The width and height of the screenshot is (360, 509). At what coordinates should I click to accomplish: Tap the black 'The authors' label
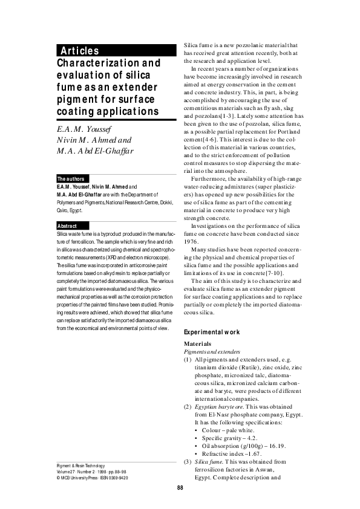70,179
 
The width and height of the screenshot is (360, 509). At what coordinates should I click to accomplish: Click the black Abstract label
67,226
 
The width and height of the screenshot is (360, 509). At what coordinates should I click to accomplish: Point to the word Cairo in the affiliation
63,210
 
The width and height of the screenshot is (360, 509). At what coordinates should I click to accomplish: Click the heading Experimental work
212,332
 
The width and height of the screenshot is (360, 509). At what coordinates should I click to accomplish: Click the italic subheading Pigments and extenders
213,351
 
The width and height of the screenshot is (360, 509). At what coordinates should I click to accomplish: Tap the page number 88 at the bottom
180,488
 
